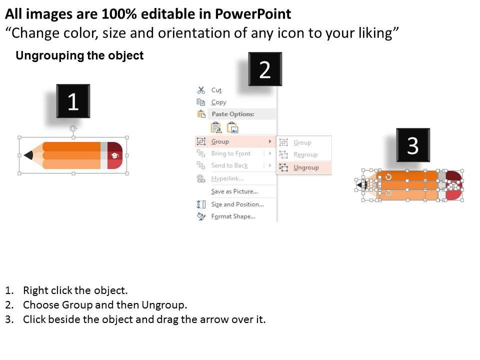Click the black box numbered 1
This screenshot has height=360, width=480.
[73, 101]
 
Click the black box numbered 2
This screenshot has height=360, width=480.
[265, 69]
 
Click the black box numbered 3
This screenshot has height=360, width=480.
[413, 145]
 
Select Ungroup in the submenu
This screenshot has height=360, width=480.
[306, 167]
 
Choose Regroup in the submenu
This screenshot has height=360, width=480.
[305, 154]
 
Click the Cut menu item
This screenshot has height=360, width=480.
[216, 90]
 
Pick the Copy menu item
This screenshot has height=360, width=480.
[218, 102]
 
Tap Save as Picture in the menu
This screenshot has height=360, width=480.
[234, 191]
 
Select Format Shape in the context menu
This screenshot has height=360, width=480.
[233, 216]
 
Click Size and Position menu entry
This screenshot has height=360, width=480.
[237, 204]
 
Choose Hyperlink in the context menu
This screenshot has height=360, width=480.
[227, 178]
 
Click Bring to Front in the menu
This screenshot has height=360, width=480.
[231, 153]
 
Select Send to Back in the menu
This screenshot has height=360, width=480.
[229, 165]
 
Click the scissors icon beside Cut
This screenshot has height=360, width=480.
[201, 90]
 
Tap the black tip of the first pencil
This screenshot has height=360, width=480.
[28, 155]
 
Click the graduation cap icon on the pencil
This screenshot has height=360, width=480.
[115, 155]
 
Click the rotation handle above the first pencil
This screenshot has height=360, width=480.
[73, 128]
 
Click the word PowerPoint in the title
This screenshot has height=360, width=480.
[253, 14]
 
